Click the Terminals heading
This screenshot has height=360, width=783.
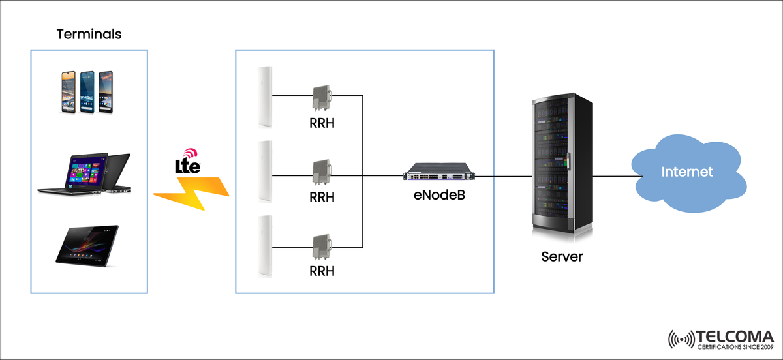pos(89,35)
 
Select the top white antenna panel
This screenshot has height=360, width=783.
pos(264,97)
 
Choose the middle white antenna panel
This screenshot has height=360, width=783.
pos(264,172)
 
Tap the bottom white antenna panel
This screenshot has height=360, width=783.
pos(264,246)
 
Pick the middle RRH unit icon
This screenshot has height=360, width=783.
pos(322,173)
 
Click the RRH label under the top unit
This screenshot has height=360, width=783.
pos(322,123)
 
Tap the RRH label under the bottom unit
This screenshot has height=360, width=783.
pos(322,271)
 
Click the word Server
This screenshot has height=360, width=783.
pos(562,257)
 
